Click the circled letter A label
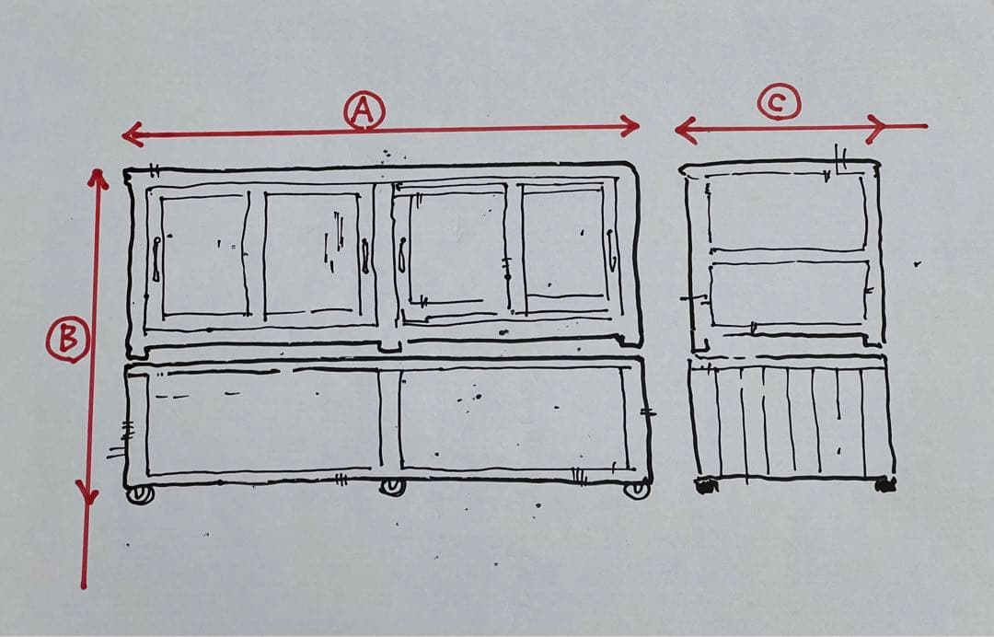pyautogui.click(x=364, y=110)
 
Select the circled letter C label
pyautogui.click(x=780, y=101)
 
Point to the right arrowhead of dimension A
pyautogui.click(x=630, y=125)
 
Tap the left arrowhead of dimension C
pyautogui.click(x=685, y=131)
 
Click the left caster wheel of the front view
pyautogui.click(x=140, y=494)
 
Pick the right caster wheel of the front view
pyautogui.click(x=637, y=490)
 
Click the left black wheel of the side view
pyautogui.click(x=706, y=485)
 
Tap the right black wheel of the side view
pyautogui.click(x=885, y=485)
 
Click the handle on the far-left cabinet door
pyautogui.click(x=156, y=259)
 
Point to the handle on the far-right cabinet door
pyautogui.click(x=612, y=250)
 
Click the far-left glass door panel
pyautogui.click(x=204, y=255)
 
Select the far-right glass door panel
pyautogui.click(x=563, y=243)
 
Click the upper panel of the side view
pyautogui.click(x=786, y=212)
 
